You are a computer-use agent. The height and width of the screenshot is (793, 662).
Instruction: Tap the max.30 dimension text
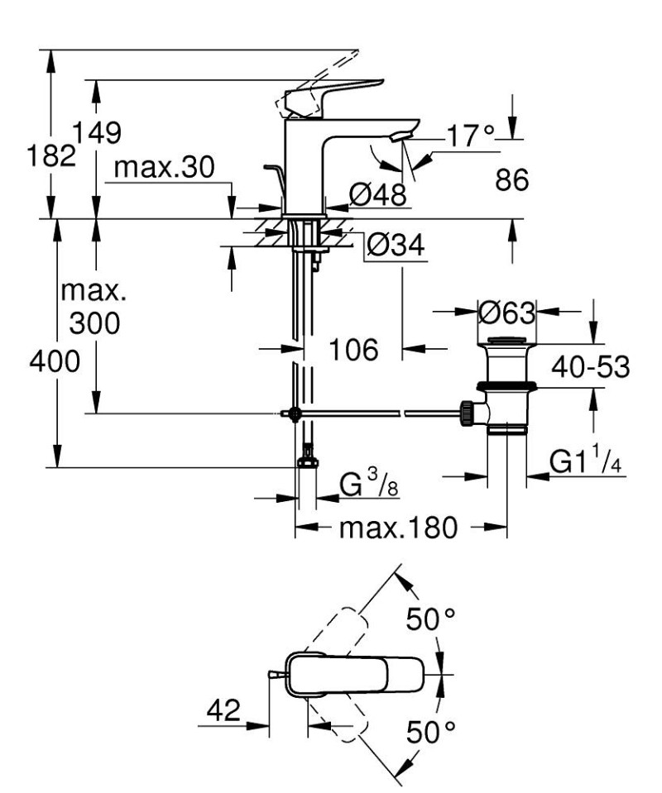[x=164, y=168]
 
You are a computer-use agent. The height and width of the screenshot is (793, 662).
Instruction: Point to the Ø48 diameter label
[x=377, y=195]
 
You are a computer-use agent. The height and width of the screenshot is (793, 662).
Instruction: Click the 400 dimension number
[x=55, y=362]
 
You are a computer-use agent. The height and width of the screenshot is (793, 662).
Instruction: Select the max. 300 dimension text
[x=93, y=307]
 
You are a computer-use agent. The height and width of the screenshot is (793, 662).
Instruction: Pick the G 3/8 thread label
[x=369, y=485]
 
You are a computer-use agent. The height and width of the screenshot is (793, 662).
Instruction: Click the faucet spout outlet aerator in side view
[x=403, y=136]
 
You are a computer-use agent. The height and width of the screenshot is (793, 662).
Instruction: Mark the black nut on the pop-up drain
[x=506, y=385]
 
